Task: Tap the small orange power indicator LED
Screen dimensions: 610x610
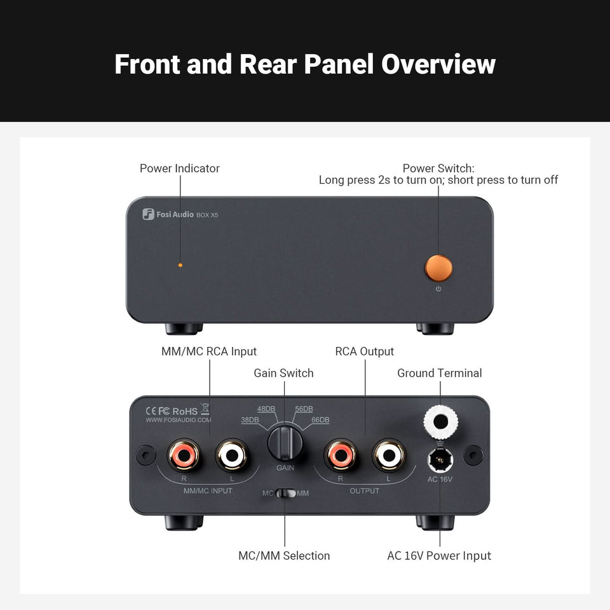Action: [180, 264]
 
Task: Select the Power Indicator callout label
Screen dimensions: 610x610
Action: [179, 168]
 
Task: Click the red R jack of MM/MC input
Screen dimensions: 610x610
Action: [184, 455]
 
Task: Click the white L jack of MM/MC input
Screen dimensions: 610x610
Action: [231, 455]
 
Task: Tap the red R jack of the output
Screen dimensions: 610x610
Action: [340, 455]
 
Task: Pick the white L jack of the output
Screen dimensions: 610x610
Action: [388, 455]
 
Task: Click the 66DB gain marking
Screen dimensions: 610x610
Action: [320, 420]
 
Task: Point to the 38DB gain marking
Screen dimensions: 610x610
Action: [250, 420]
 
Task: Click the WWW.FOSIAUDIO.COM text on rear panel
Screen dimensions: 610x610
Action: [179, 420]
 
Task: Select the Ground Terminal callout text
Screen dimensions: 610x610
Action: [440, 373]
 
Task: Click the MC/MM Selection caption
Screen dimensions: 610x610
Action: [284, 556]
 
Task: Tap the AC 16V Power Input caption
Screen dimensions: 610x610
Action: [439, 556]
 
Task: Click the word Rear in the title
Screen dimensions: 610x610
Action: [269, 64]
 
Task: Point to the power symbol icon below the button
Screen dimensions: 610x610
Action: [438, 289]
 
